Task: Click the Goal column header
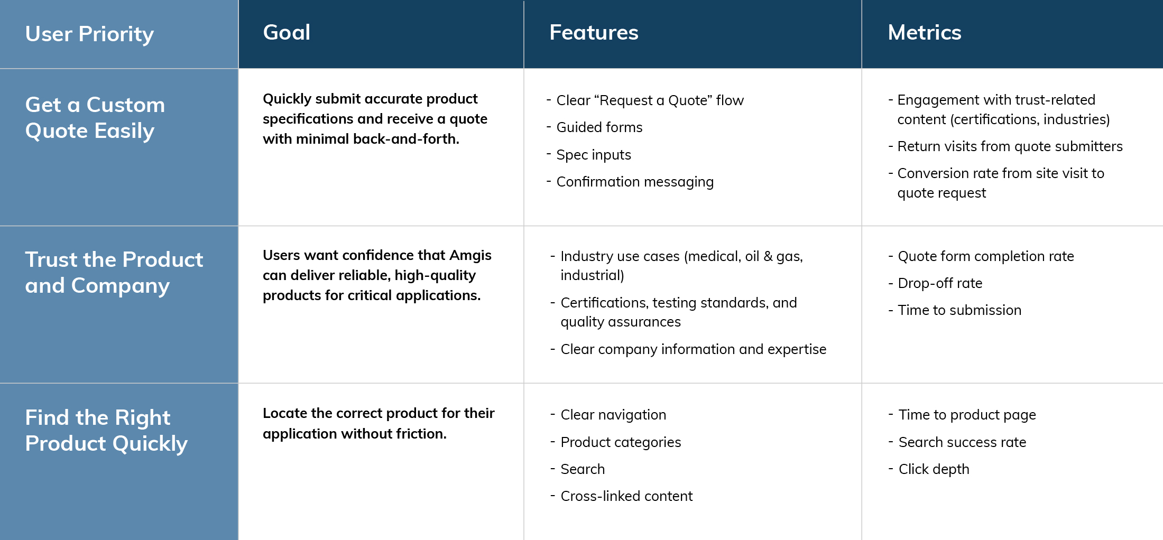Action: tap(287, 32)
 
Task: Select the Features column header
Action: tap(594, 32)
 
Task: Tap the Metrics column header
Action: tap(925, 32)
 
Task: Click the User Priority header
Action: tap(89, 34)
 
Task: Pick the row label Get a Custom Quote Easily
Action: tap(95, 118)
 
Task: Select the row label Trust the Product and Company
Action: tap(114, 273)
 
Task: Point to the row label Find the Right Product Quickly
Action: tap(106, 431)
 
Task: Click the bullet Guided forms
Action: tap(599, 127)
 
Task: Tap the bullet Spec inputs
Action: tap(594, 155)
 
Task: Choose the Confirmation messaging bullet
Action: tap(635, 182)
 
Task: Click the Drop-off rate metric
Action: tap(940, 283)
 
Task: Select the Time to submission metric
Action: tap(959, 310)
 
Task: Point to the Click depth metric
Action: tap(934, 469)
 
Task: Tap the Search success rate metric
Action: tap(962, 442)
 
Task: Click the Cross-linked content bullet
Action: tap(626, 496)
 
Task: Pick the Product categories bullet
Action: tap(621, 442)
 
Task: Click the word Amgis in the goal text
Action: tap(470, 256)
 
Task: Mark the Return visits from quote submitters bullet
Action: tap(1010, 146)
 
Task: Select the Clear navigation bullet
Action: tap(613, 415)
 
